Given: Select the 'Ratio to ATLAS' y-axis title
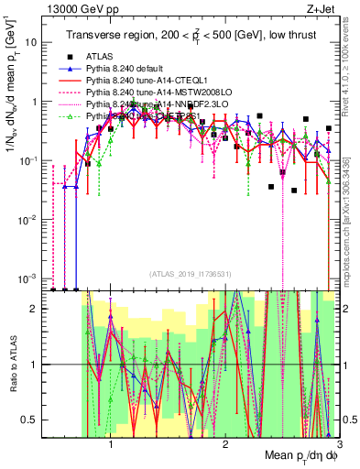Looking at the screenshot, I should pos(12,365).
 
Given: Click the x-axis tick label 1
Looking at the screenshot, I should pos(111,444).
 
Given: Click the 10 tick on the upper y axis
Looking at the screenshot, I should pos(34,42).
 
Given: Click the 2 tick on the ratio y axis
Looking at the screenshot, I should pos(37,309).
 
